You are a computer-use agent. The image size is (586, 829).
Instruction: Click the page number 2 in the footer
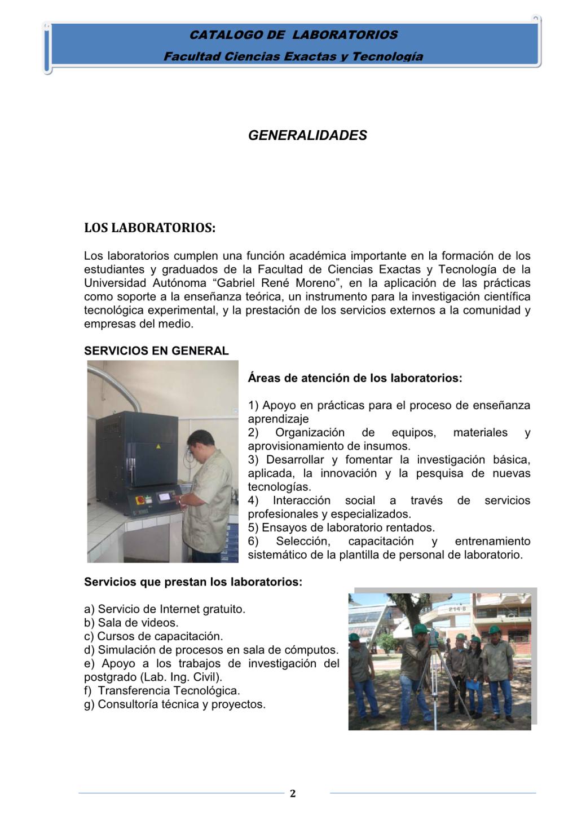coord(293,793)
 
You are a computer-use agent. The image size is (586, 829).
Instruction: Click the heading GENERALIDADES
coord(307,135)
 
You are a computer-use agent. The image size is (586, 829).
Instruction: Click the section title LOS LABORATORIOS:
coord(149,228)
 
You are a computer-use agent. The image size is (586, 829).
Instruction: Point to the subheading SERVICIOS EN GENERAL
coord(156,351)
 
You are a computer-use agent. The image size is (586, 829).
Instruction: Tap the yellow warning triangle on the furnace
coord(158,446)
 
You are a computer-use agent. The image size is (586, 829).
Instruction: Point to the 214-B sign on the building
coord(456,609)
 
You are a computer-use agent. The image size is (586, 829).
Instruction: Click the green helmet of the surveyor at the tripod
coord(418,629)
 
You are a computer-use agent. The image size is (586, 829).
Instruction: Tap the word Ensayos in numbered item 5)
coord(282,527)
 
